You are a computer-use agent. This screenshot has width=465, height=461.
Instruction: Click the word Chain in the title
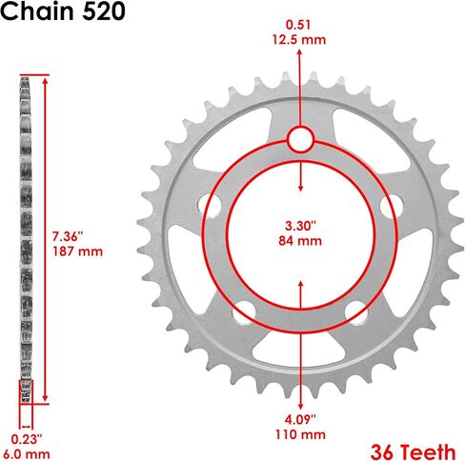click(37, 11)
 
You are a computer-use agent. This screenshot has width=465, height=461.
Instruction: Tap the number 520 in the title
click(103, 11)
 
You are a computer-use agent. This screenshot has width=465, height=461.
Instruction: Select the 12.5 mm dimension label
click(299, 40)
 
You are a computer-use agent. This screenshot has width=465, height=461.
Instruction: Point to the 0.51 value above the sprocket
click(298, 25)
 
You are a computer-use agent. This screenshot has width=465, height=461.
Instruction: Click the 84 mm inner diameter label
click(300, 241)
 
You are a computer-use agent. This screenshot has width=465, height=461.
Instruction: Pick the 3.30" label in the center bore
click(300, 226)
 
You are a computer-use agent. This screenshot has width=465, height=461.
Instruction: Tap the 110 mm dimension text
click(300, 434)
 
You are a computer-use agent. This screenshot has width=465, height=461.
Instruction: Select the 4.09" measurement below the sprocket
click(300, 419)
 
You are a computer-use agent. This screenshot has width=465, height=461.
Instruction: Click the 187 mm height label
click(78, 251)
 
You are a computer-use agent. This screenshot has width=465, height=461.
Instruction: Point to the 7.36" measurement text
click(68, 236)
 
